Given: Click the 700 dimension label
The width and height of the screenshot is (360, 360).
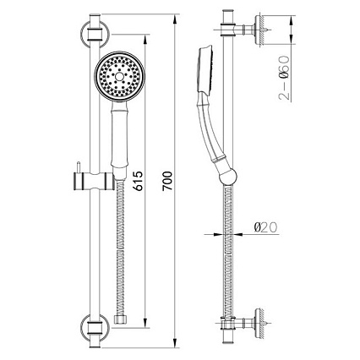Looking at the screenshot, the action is [x=167, y=181].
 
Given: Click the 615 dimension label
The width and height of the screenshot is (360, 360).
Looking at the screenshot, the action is [x=139, y=181].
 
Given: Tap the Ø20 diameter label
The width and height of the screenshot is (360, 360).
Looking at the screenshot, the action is [x=265, y=227].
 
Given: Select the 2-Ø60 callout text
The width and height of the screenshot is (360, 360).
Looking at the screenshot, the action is [x=284, y=78].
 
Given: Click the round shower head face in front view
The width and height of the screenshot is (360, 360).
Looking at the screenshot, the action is [x=119, y=76].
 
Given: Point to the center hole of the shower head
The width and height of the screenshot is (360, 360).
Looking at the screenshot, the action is [x=119, y=76].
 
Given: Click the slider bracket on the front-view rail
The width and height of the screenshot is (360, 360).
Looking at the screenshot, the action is [x=94, y=181].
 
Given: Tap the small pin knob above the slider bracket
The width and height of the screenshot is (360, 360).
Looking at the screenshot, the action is [x=79, y=167].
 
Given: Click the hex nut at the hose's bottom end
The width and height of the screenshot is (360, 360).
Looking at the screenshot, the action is [x=121, y=319].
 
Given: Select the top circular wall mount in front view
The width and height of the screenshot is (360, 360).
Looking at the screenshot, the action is [x=95, y=34].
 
